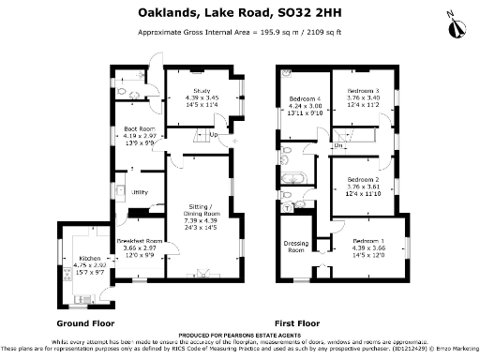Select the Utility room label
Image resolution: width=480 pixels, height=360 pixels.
(x=141, y=192)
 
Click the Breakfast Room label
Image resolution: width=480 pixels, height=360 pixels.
(x=142, y=241)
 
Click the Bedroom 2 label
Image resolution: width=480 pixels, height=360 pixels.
(x=363, y=178)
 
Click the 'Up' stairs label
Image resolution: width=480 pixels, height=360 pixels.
(x=214, y=135)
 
